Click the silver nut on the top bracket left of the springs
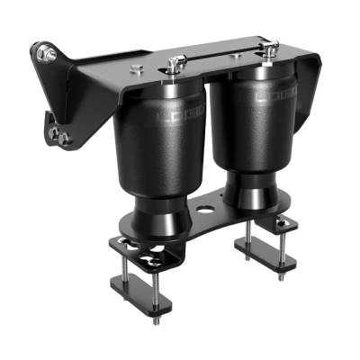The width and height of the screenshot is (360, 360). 135,70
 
